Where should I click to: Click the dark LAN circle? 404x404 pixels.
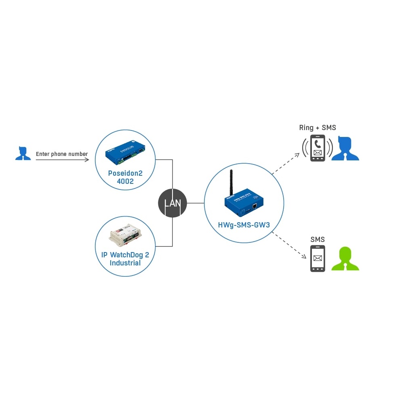pyautogui.click(x=173, y=203)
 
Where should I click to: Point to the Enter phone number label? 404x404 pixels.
pyautogui.click(x=62, y=154)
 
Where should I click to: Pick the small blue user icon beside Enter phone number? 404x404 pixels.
pyautogui.click(x=23, y=154)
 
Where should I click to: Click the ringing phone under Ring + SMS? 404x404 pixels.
pyautogui.click(x=318, y=148)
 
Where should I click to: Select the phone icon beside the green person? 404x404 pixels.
pyautogui.click(x=318, y=259)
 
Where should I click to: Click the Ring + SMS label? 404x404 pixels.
pyautogui.click(x=318, y=128)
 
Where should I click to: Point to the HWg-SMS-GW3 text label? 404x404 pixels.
pyautogui.click(x=244, y=224)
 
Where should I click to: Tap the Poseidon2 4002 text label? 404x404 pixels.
pyautogui.click(x=125, y=177)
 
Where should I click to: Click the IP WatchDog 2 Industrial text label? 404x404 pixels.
pyautogui.click(x=125, y=259)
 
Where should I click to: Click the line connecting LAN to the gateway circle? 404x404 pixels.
pyautogui.click(x=196, y=203)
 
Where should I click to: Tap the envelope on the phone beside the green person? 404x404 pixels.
pyautogui.click(x=318, y=258)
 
